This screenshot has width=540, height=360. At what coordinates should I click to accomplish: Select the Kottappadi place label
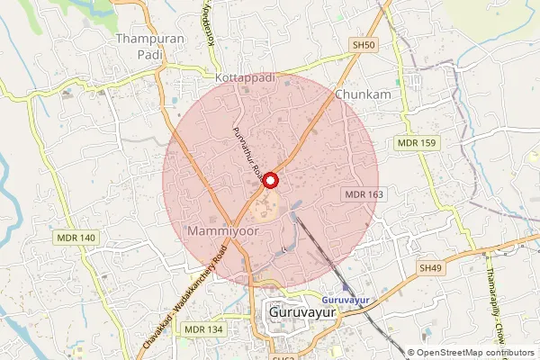242,78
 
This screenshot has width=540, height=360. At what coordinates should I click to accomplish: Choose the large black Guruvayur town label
307,311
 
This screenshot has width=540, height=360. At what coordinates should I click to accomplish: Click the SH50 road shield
363,44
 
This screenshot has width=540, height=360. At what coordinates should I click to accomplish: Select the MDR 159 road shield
415,143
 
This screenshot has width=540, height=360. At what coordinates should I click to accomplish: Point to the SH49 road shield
431,268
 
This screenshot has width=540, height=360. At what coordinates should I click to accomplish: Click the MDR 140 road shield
76,238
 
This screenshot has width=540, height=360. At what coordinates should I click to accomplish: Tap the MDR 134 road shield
204,330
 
